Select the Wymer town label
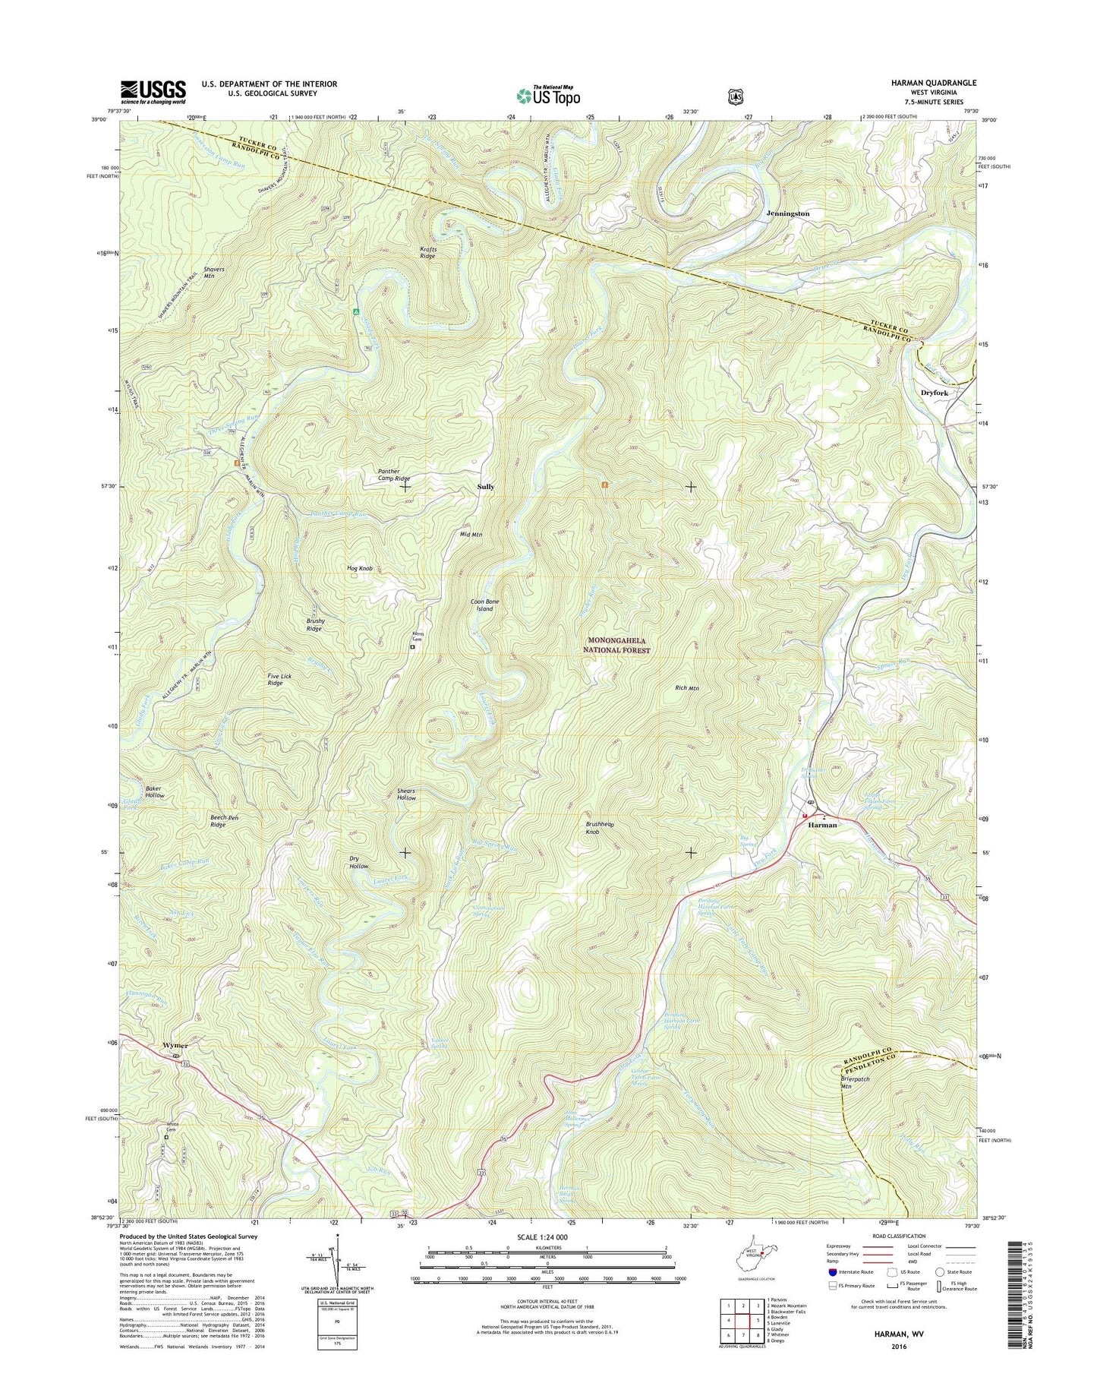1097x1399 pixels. [x=175, y=1045]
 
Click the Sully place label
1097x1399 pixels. [x=485, y=486]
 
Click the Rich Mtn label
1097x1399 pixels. [x=686, y=688]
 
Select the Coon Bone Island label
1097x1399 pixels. [x=484, y=605]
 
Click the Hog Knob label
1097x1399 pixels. [x=359, y=568]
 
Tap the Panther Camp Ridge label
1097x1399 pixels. [x=394, y=475]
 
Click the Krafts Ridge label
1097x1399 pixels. [x=429, y=252]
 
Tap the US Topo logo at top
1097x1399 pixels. [x=548, y=96]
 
